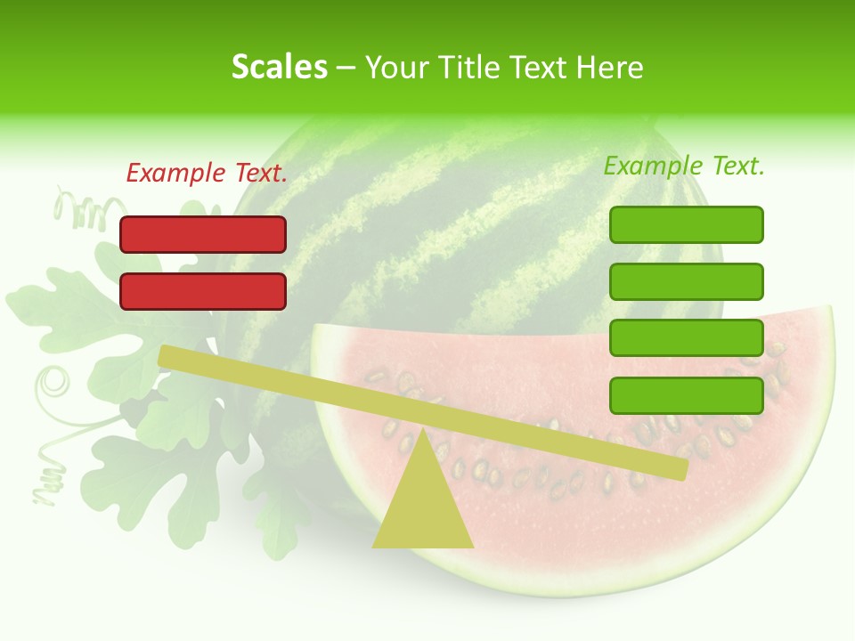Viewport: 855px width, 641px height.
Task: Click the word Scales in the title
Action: pos(280,68)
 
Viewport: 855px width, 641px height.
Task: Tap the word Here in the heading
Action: pos(611,68)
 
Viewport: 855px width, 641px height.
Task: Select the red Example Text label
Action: pos(207,174)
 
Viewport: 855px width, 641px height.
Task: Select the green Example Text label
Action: pos(684,166)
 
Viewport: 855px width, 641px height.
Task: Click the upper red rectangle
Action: pos(203,234)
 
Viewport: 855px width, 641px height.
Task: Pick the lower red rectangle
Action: pos(203,291)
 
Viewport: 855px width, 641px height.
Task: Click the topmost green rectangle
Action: pos(686,224)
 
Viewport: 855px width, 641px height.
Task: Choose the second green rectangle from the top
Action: pos(686,281)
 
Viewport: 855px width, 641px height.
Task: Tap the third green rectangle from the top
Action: pos(686,337)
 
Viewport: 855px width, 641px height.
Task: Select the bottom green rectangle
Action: pos(686,395)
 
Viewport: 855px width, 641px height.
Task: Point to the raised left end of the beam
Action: pos(166,355)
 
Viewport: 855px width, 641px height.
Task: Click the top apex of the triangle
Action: pos(422,431)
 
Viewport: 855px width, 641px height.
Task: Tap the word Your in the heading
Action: pos(396,68)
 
